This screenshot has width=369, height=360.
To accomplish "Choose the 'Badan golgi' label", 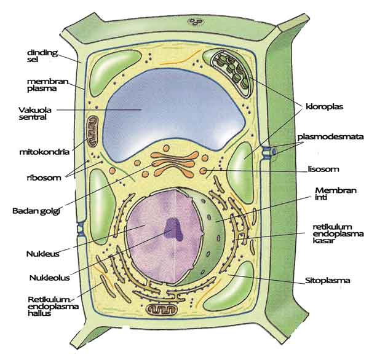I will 36,211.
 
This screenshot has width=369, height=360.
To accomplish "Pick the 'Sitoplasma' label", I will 327,280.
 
